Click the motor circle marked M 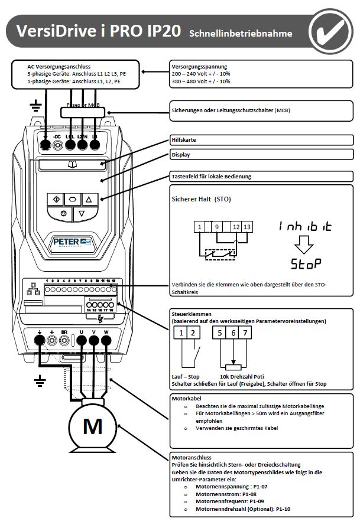coord(93,426)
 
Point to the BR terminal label coord(64,332)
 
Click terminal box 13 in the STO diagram coord(247,227)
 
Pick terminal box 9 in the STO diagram coord(217,227)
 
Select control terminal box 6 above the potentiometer coord(233,334)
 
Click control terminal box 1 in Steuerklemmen coord(181,334)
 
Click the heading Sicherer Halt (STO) coord(201,199)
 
